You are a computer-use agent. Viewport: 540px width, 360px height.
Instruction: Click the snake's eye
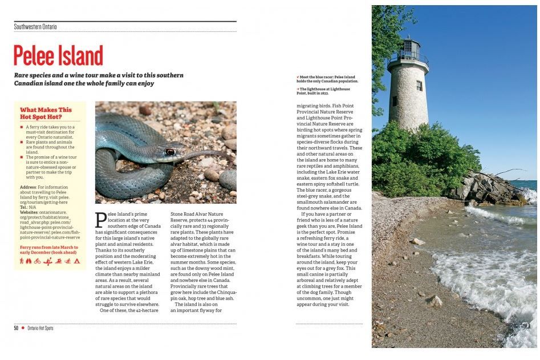click(x=170, y=152)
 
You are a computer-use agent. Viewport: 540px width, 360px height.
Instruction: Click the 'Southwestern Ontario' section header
click(x=35, y=27)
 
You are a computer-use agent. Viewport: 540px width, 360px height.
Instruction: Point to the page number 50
click(x=17, y=328)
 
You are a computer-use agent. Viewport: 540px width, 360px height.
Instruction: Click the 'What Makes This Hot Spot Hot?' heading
click(x=46, y=113)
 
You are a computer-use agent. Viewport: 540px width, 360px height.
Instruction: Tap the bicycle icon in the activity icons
click(x=37, y=261)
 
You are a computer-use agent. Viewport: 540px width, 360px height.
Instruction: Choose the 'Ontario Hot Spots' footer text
click(x=40, y=328)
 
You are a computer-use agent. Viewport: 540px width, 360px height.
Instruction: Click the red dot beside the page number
click(x=23, y=328)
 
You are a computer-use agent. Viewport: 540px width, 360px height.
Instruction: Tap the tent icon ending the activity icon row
click(x=76, y=261)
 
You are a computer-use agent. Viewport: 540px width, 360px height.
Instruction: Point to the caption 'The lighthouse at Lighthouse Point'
click(x=324, y=91)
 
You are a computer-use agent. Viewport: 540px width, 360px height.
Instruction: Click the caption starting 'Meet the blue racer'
click(x=326, y=79)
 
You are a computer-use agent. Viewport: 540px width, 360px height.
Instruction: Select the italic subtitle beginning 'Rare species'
click(x=99, y=79)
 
